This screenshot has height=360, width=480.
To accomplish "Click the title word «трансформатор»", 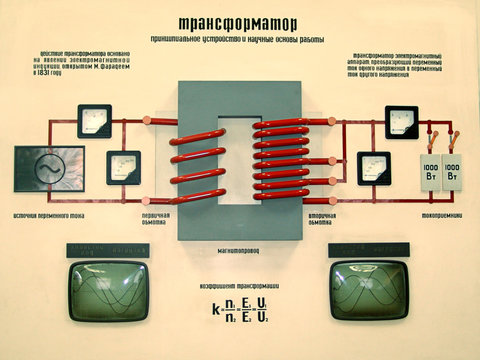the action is point(237,23).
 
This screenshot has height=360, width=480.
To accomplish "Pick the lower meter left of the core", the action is point(124,166).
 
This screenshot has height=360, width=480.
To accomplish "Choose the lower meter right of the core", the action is point(373,166).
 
